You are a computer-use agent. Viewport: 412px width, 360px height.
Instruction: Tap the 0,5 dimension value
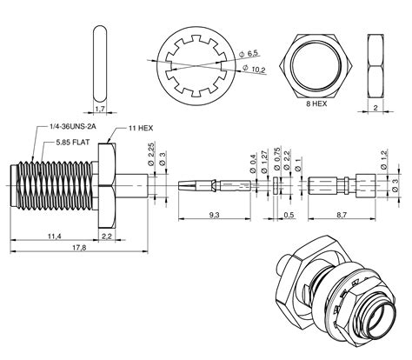(289, 213)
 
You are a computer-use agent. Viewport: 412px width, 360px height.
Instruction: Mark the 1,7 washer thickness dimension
(98, 110)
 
